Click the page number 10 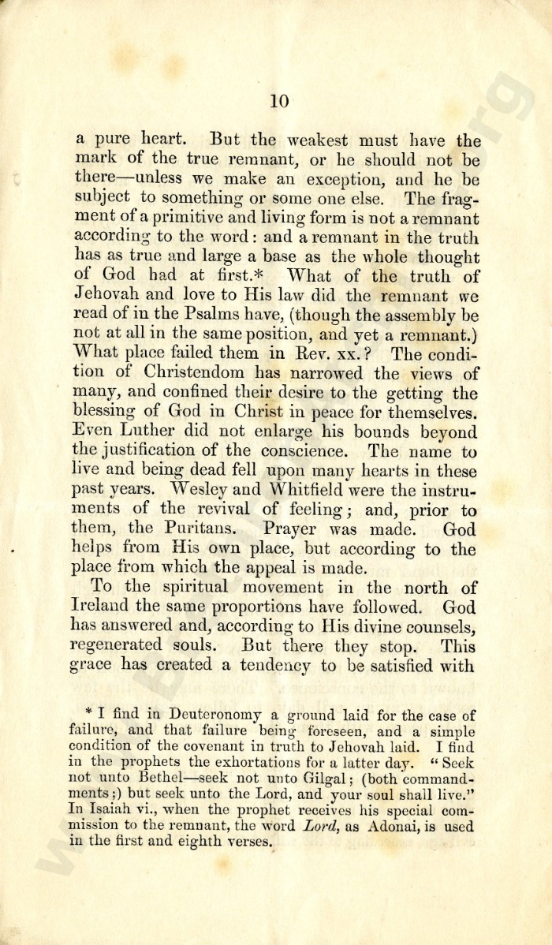280,100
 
